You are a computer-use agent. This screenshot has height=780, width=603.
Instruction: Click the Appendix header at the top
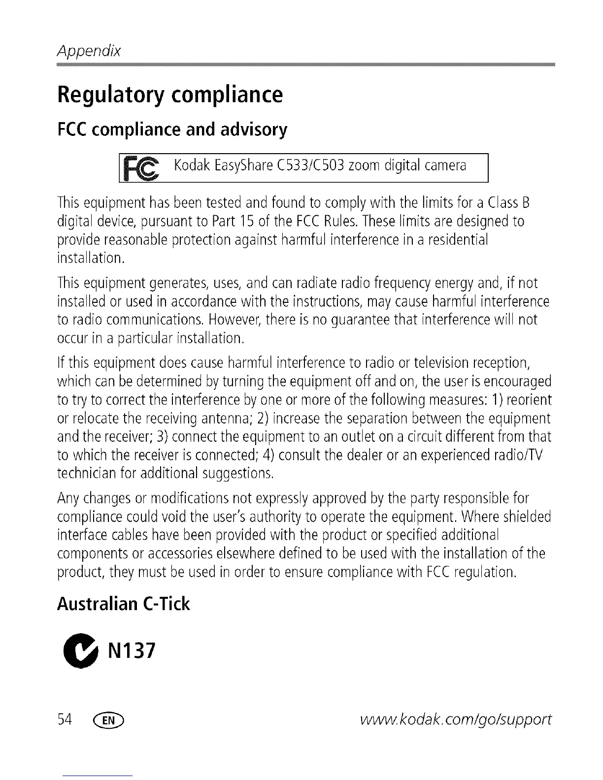(x=89, y=51)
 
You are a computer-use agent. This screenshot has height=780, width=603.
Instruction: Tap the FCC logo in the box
(x=139, y=168)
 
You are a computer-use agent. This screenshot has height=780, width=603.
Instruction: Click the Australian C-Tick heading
(x=123, y=604)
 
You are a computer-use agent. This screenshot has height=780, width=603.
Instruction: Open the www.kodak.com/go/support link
(x=456, y=720)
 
